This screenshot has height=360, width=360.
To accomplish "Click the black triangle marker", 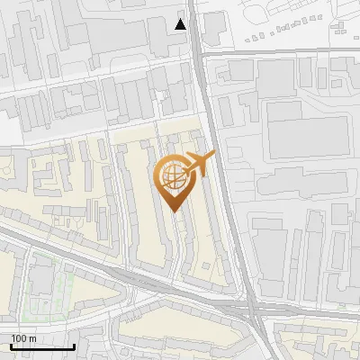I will pyautogui.click(x=181, y=24).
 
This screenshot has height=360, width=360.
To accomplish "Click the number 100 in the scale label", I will pyautogui.click(x=20, y=338).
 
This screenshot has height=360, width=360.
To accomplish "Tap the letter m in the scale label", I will pyautogui.click(x=33, y=338).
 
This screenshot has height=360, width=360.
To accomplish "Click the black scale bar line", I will pyautogui.click(x=42, y=346).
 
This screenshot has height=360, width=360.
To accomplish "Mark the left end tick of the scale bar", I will pyautogui.click(x=11, y=345).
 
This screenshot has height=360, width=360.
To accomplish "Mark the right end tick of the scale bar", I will pyautogui.click(x=74, y=345).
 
